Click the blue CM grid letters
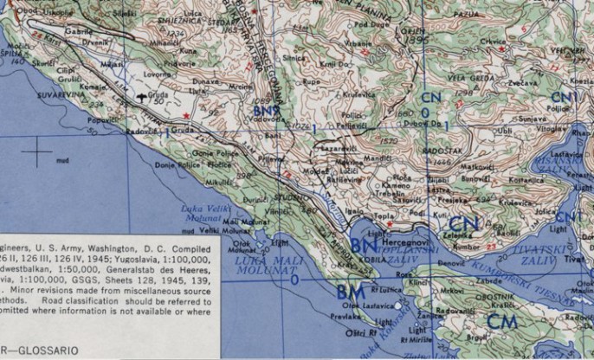pyautogui.click(x=503, y=320)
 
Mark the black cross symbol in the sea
pyautogui.click(x=37, y=152)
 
